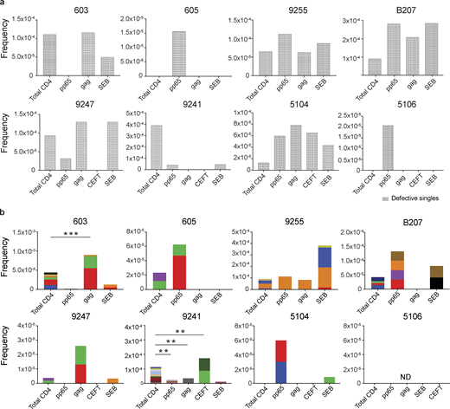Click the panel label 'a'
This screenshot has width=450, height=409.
(4, 5)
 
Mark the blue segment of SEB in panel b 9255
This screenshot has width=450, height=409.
(324, 256)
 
